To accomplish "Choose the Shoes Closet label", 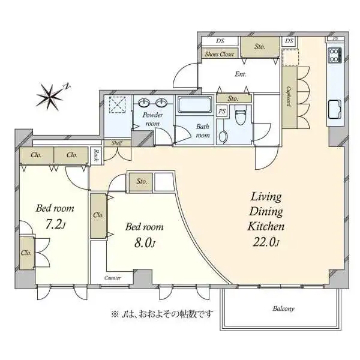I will (x=219, y=54).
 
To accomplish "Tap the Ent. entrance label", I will (x=241, y=75).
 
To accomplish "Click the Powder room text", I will (x=150, y=119).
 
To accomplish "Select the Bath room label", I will (x=203, y=131).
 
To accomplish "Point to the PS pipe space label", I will (x=221, y=111).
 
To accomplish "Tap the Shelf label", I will (x=118, y=143).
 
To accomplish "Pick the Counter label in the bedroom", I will (x=112, y=278).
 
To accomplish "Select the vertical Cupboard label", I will (x=289, y=97).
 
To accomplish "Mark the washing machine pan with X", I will (x=117, y=107).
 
